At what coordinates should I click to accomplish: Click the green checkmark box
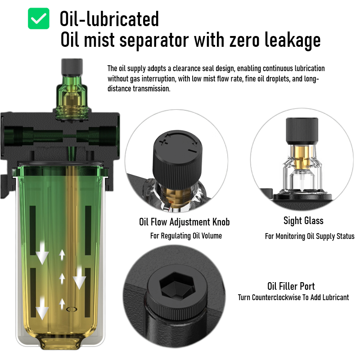(39, 18)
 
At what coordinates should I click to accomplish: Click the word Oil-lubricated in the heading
(109, 18)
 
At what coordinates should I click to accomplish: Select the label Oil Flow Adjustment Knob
(184, 222)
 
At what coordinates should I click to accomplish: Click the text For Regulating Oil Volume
(186, 236)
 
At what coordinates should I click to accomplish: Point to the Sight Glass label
(303, 220)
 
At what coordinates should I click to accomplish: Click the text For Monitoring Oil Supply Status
(310, 236)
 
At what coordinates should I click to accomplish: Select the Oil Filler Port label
(291, 286)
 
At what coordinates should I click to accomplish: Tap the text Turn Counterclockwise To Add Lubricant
(293, 297)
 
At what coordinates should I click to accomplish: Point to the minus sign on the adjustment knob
(192, 151)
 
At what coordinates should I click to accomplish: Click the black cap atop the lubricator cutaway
(72, 67)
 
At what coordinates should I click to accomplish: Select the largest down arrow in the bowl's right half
(80, 277)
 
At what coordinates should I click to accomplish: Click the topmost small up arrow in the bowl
(62, 255)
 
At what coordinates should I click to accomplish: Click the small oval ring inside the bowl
(72, 310)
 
